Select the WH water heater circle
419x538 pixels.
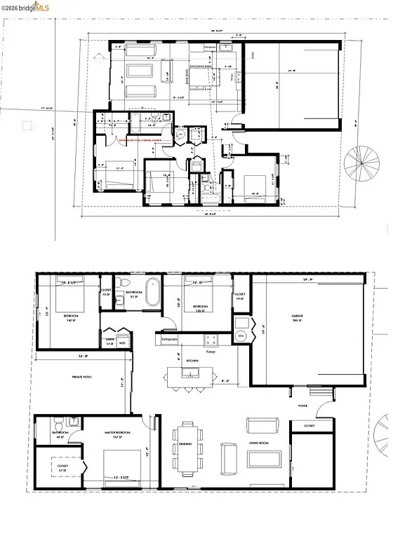click(241, 336)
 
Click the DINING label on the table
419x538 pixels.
click(186, 444)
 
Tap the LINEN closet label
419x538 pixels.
click(109, 341)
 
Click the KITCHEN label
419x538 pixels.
click(194, 360)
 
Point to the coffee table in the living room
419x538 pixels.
click(267, 459)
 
